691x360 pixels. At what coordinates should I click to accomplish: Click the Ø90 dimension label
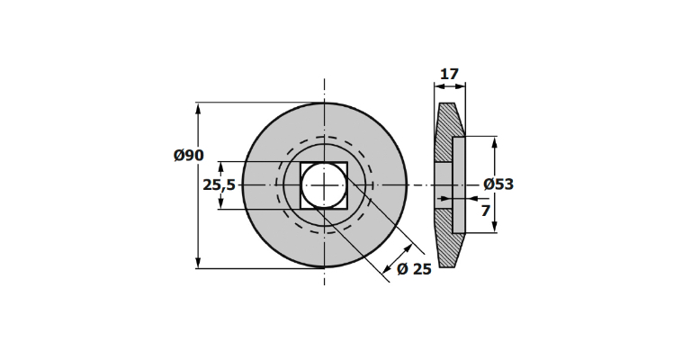click(x=189, y=155)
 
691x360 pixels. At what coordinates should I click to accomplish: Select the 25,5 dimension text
click(x=219, y=185)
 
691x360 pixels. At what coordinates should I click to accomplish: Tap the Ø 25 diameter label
click(x=414, y=269)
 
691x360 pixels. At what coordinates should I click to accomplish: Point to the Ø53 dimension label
click(x=498, y=184)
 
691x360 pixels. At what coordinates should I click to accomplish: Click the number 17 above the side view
click(x=450, y=74)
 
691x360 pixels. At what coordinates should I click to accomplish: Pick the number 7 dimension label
click(x=485, y=211)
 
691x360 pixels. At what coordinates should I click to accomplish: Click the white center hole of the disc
click(x=324, y=185)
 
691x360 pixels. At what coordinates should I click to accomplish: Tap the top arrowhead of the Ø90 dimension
click(x=198, y=108)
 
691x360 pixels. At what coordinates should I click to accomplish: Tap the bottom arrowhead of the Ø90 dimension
click(x=198, y=262)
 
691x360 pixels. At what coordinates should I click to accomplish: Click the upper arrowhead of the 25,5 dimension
click(x=221, y=167)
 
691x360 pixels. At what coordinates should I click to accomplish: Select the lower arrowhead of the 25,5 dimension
click(x=221, y=202)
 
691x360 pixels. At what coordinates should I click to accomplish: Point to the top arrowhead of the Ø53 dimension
click(x=495, y=143)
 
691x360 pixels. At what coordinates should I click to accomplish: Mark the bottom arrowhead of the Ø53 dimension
click(x=495, y=227)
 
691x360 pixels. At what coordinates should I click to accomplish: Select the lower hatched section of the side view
click(x=446, y=238)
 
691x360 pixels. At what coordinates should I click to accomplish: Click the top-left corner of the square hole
click(x=301, y=162)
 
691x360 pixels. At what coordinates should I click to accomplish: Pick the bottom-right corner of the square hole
click(x=347, y=209)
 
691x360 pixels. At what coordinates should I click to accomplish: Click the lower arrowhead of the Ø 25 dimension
click(x=388, y=268)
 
